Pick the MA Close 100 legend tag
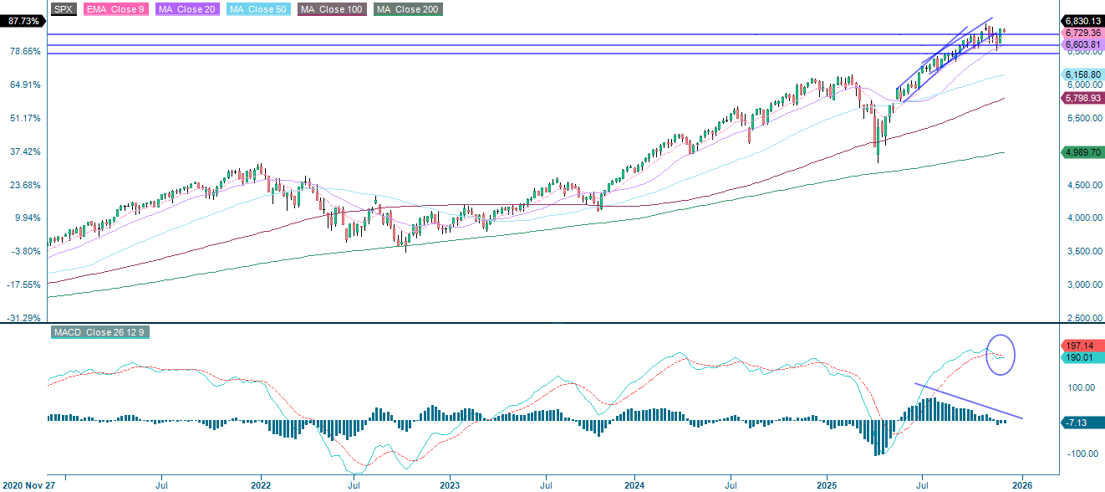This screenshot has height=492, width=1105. tap(322, 9)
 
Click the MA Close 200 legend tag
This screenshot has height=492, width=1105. tap(408, 9)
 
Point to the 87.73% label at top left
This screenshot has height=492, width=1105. tap(22, 22)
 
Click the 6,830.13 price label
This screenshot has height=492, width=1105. tap(1081, 20)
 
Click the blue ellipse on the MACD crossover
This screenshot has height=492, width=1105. tap(1001, 354)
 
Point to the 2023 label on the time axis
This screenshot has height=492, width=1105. tap(450, 484)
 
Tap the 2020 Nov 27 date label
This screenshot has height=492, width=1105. tap(28, 484)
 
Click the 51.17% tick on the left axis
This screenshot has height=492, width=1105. tap(23, 118)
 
